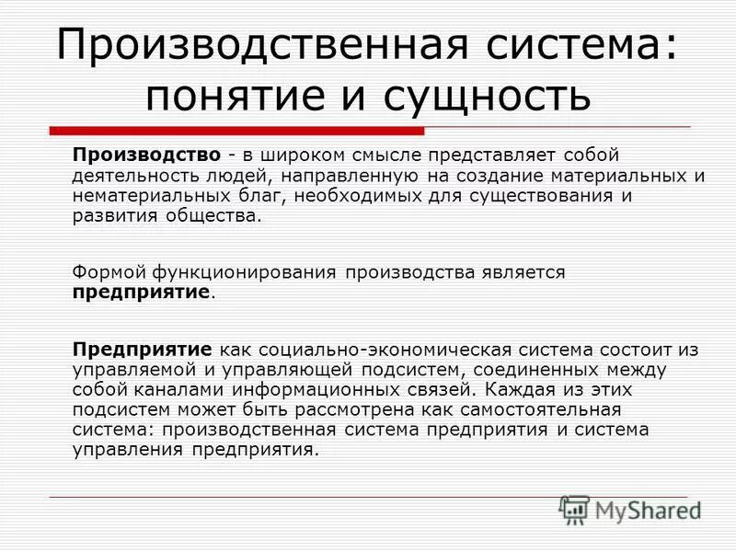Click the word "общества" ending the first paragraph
pyautogui.click(x=219, y=217)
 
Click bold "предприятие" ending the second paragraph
pyautogui.click(x=142, y=293)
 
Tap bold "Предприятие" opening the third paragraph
pyautogui.click(x=143, y=350)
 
